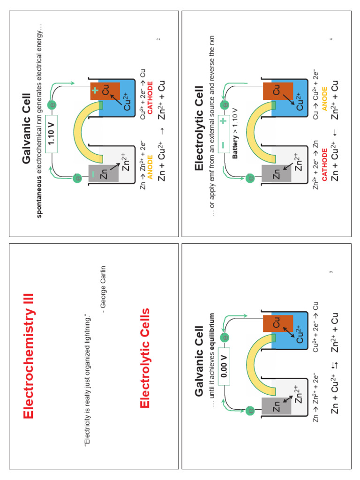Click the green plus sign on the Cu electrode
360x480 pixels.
[x=95, y=90]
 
